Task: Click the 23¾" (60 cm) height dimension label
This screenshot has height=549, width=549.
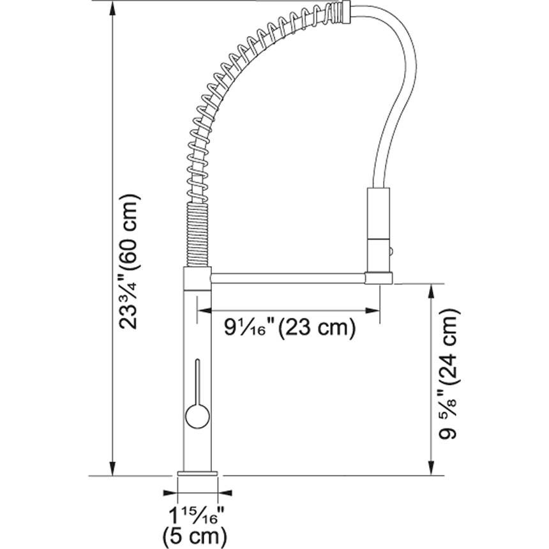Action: pos(130,262)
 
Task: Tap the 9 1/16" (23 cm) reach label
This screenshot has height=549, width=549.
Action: pos(290,327)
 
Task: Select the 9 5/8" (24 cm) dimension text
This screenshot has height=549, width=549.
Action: pos(448,374)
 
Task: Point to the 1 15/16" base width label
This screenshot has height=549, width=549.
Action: pos(197,515)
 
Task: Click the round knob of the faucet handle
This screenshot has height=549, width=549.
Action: pos(197,416)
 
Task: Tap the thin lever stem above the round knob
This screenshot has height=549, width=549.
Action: pos(197,381)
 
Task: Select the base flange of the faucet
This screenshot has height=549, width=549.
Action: pos(197,474)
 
